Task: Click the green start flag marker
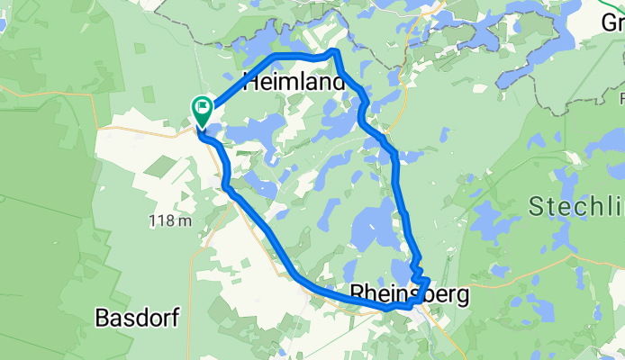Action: click(x=202, y=110)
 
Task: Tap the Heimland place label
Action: click(x=294, y=84)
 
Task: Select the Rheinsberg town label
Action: click(x=408, y=293)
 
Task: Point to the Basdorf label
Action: click(x=137, y=317)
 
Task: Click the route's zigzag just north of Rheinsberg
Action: click(x=419, y=269)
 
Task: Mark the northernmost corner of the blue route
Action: click(x=337, y=52)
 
